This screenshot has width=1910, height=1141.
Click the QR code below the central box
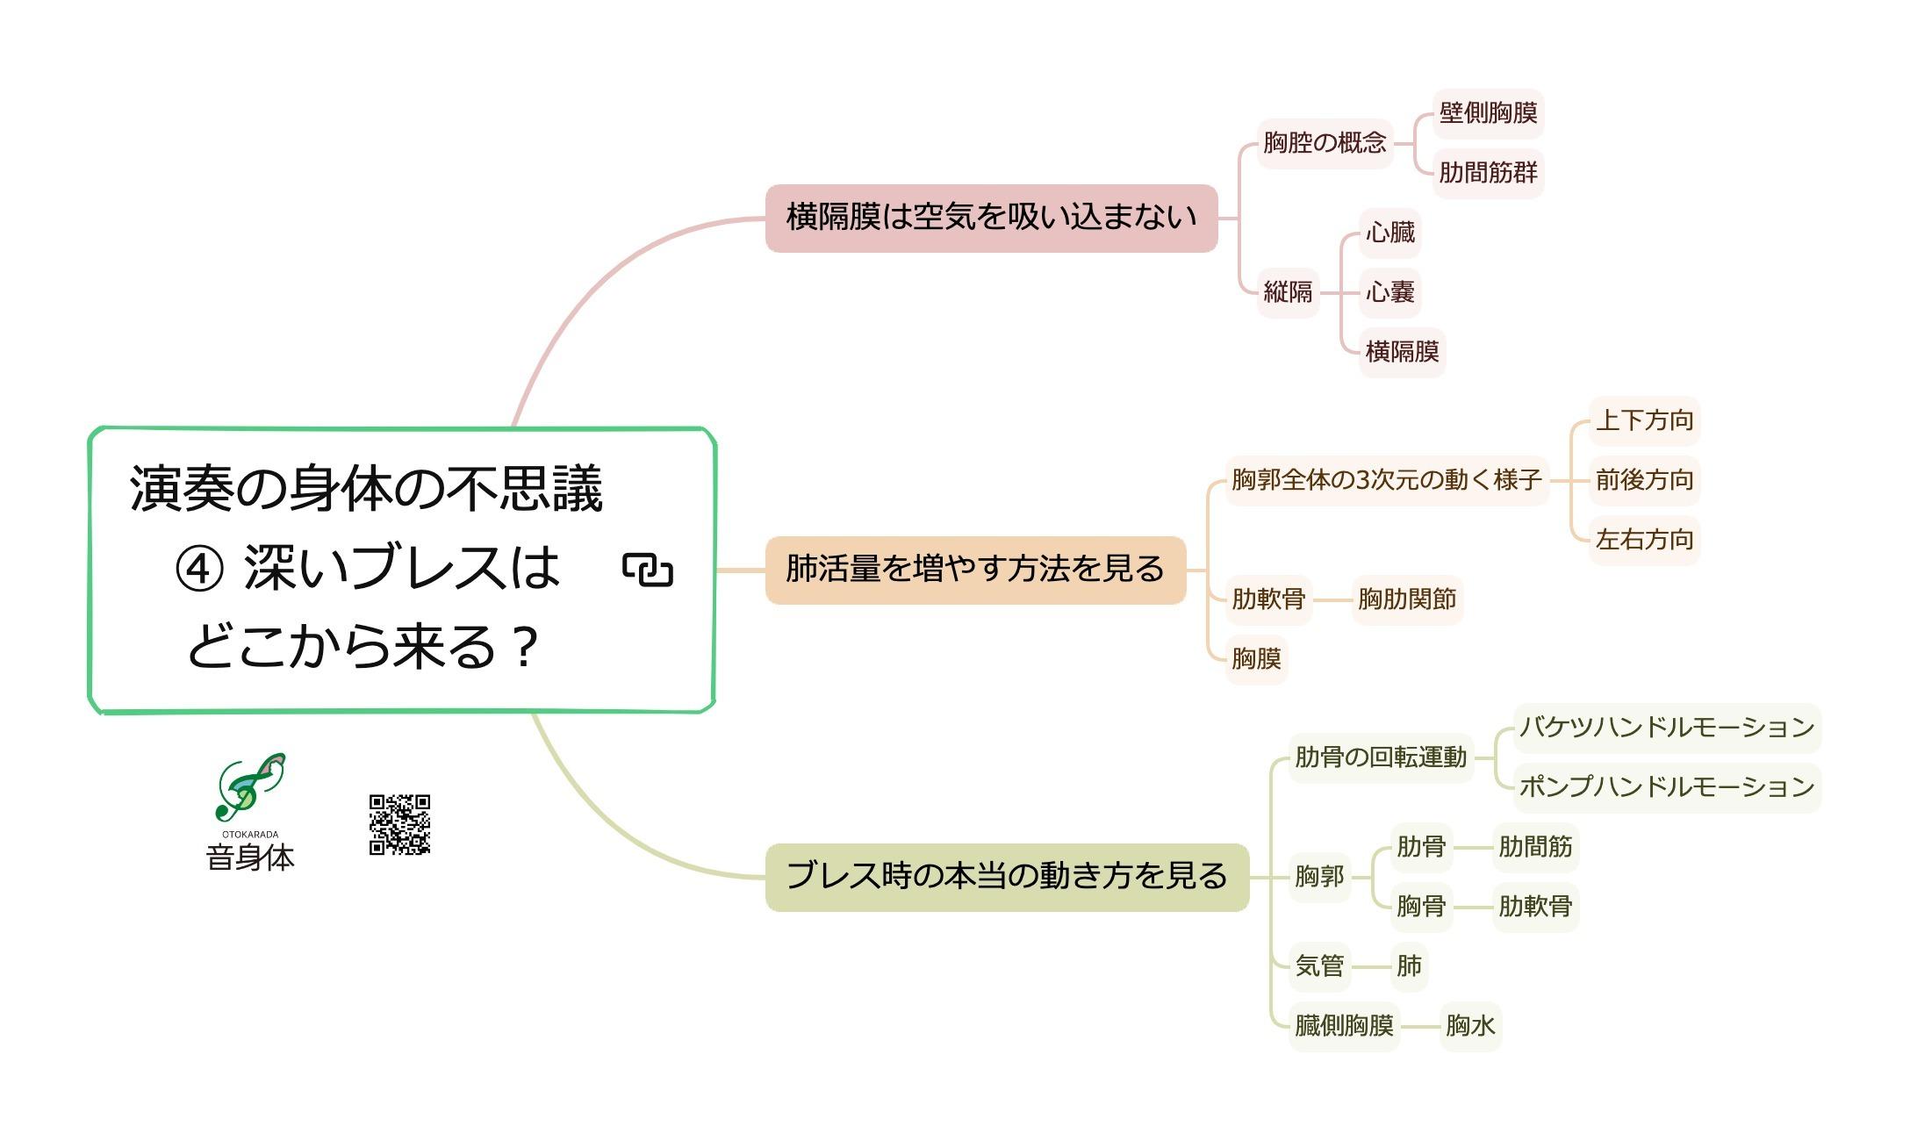[399, 824]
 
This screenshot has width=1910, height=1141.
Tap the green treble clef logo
[249, 786]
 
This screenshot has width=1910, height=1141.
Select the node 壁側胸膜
[1488, 113]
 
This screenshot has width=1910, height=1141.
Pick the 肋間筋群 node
[1488, 173]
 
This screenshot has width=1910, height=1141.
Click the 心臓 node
[1389, 233]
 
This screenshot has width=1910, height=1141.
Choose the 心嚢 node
[1389, 292]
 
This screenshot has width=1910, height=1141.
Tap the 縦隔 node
[1288, 292]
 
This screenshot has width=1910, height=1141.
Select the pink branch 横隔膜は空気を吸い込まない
[991, 218]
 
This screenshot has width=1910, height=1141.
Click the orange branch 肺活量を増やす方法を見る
[975, 570]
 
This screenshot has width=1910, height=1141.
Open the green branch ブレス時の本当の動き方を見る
[1007, 877]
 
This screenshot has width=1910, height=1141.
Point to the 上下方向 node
[1644, 420]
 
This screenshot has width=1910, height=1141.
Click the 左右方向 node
[1644, 540]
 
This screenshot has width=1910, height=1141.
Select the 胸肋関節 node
[1407, 599]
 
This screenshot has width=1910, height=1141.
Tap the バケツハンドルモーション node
[1667, 728]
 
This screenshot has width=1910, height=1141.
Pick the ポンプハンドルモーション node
[1667, 787]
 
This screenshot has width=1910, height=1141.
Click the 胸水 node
[1470, 1026]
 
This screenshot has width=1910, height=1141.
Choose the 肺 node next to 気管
[1409, 966]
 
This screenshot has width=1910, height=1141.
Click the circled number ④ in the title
[199, 569]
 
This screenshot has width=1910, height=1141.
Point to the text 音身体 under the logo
[250, 858]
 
